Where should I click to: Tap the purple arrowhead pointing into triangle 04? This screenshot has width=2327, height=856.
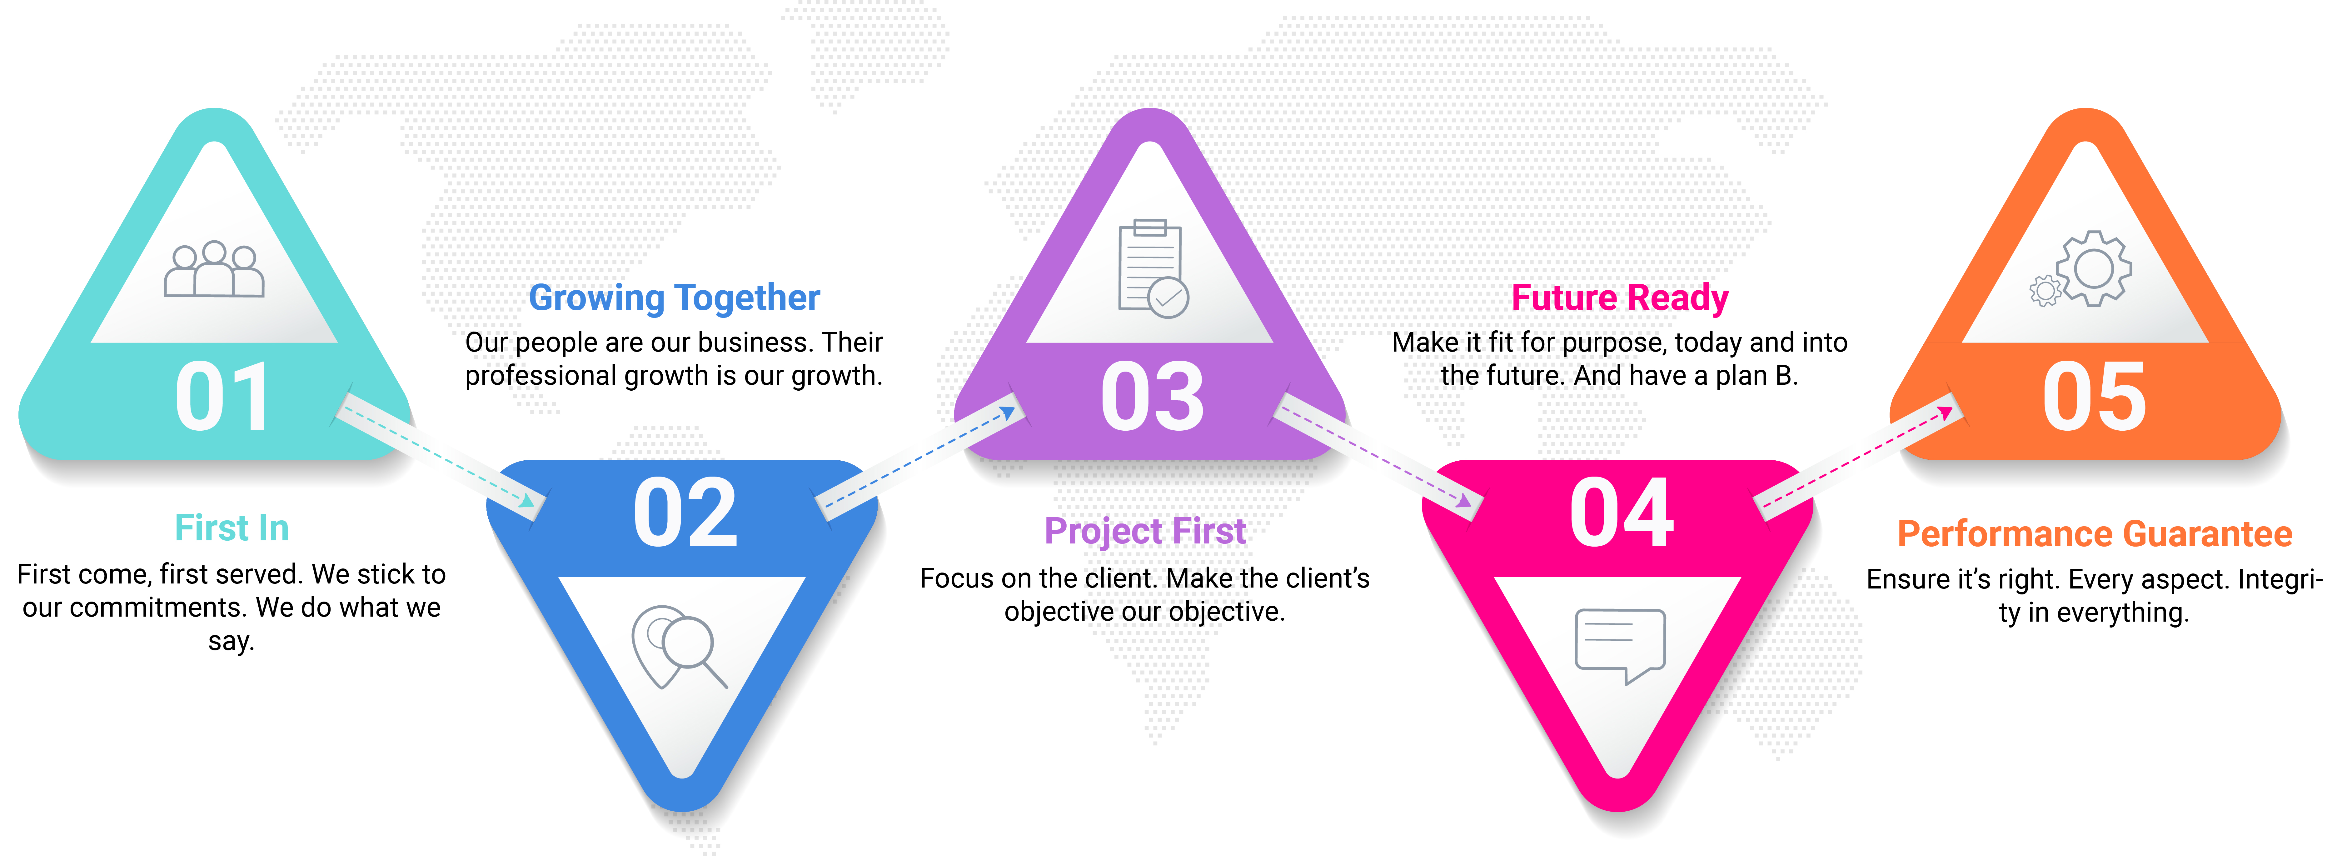point(1462,499)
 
